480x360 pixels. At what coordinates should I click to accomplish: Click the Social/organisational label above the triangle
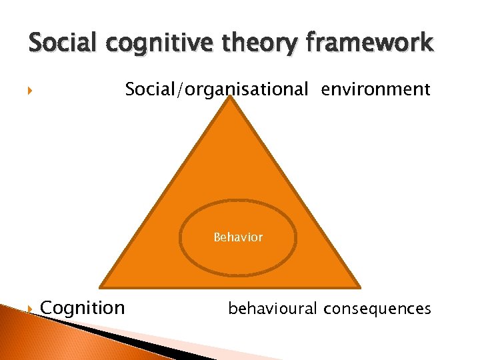click(217, 89)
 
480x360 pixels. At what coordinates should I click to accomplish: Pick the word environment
click(375, 89)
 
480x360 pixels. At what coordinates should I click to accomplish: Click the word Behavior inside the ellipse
click(238, 237)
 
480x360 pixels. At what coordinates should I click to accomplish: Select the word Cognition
click(83, 308)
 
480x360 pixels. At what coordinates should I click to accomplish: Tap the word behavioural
click(273, 308)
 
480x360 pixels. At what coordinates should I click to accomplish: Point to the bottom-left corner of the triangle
click(101, 286)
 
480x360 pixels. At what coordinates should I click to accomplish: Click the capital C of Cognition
click(47, 308)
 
